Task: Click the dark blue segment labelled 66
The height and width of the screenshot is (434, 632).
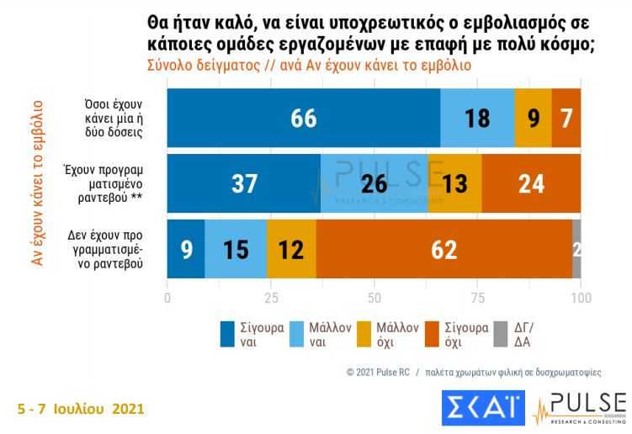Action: tap(304, 118)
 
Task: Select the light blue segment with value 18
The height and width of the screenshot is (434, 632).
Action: tap(477, 118)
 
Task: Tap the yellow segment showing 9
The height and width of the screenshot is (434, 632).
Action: tap(534, 118)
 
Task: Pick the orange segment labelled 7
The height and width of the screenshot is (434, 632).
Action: tap(566, 118)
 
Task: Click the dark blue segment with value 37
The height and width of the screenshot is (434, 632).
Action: tap(244, 183)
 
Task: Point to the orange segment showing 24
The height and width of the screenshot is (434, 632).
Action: tap(531, 183)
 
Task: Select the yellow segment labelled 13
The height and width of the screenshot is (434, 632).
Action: tap(455, 183)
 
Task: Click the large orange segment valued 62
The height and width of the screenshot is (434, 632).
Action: tap(443, 249)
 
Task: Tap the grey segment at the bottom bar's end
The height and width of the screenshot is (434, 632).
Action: tap(576, 249)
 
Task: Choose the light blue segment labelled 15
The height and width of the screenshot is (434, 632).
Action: tap(236, 249)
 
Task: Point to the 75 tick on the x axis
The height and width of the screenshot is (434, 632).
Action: tap(477, 297)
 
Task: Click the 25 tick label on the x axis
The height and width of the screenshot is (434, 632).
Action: tap(270, 297)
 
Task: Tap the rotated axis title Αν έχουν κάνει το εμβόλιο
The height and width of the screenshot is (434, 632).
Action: tap(37, 183)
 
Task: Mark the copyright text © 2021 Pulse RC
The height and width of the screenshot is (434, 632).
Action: tap(378, 371)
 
